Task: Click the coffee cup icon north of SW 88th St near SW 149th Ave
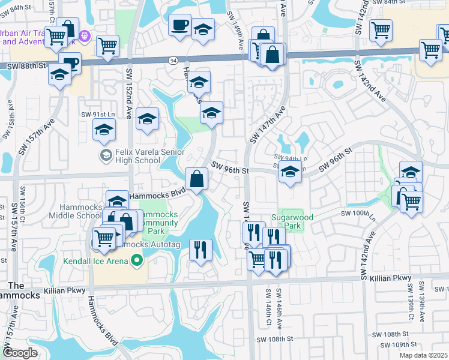tap(179, 26)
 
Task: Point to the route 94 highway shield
tap(173, 61)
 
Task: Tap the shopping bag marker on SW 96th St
tap(197, 178)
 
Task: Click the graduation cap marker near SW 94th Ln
tap(290, 172)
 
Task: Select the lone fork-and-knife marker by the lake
tap(200, 249)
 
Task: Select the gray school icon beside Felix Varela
tap(106, 156)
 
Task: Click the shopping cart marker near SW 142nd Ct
tap(381, 30)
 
